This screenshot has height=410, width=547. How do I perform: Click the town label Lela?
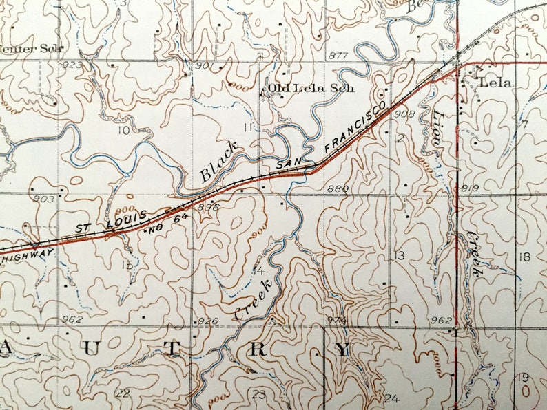click(x=496, y=83)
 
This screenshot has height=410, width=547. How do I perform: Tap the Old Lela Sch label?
click(x=310, y=88)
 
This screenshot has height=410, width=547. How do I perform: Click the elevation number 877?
click(x=338, y=55)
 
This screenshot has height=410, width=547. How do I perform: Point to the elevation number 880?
click(x=339, y=188)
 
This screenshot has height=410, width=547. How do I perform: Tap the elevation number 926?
click(x=207, y=321)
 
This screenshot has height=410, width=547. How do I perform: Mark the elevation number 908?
click(x=405, y=114)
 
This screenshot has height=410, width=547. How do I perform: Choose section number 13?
click(x=399, y=256)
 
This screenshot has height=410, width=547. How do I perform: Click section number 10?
click(x=123, y=130)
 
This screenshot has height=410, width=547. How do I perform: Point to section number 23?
click(x=259, y=394)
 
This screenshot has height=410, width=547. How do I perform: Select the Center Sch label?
click(x=31, y=48)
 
